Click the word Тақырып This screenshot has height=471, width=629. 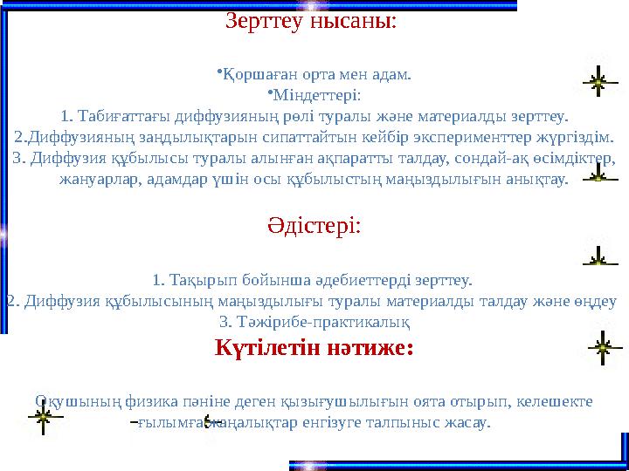197,280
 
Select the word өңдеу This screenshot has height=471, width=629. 598,301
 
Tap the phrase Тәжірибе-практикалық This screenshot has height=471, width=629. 314,322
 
